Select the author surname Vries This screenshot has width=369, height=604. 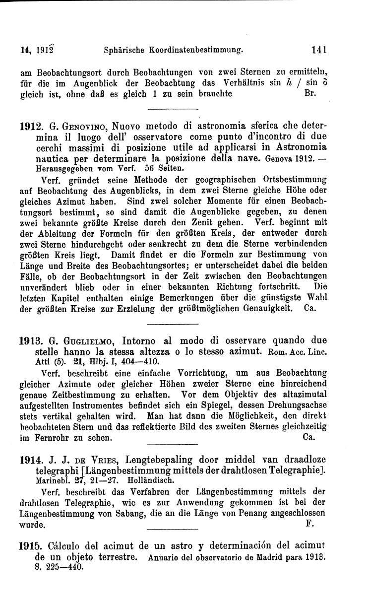(x=108, y=460)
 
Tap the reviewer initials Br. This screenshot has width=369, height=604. (x=308, y=93)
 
